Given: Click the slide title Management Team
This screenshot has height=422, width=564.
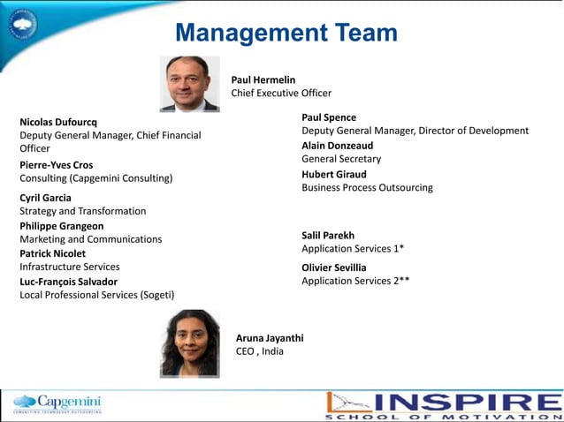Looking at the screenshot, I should click(x=286, y=34).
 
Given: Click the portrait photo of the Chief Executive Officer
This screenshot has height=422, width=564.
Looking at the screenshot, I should click(x=189, y=84).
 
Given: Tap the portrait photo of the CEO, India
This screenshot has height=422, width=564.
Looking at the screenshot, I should click(x=189, y=343).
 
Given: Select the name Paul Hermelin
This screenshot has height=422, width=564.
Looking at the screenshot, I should click(x=263, y=79).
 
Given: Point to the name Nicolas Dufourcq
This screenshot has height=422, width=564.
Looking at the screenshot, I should click(x=58, y=121).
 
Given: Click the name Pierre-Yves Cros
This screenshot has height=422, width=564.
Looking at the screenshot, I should click(x=56, y=164).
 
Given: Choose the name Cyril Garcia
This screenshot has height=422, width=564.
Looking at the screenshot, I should click(x=45, y=198).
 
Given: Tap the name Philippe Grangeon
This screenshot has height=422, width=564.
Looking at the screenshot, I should click(x=61, y=226).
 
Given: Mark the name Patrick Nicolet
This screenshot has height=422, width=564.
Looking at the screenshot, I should click(x=52, y=253).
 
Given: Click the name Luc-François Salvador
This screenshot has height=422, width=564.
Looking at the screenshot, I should click(x=68, y=282).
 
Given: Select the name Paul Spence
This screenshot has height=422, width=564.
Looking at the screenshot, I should click(x=329, y=117).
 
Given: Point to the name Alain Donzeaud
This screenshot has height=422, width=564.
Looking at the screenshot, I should click(x=337, y=145).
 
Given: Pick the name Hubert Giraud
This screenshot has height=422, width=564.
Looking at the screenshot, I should click(x=333, y=174).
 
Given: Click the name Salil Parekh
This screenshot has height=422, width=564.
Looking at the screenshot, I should click(x=328, y=236).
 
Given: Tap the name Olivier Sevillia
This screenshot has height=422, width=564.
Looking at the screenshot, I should click(x=333, y=268).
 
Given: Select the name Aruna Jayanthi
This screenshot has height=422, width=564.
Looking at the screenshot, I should click(x=270, y=337).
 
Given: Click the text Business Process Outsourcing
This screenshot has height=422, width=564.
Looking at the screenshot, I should click(x=367, y=187).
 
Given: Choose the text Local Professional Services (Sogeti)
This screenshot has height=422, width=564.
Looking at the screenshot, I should click(x=97, y=295).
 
